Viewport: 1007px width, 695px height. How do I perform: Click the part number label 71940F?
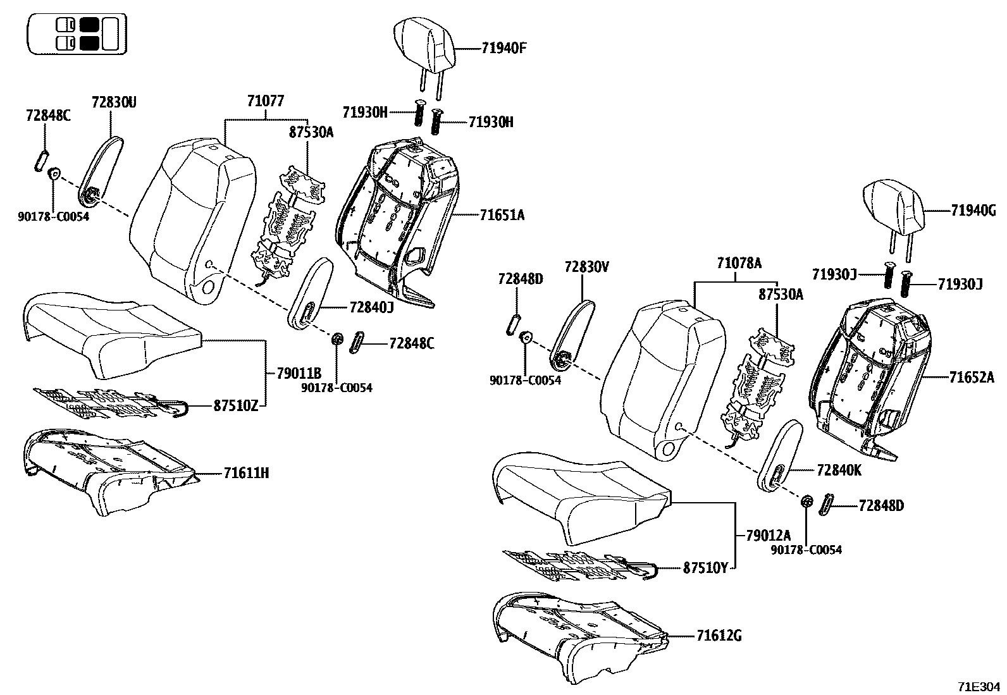(x=503, y=47)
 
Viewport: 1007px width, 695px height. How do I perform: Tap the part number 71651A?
(x=502, y=215)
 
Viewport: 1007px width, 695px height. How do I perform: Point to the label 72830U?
(x=114, y=101)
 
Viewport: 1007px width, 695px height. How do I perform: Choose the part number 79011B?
(x=299, y=374)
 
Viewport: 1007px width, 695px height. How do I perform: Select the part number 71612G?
(x=719, y=636)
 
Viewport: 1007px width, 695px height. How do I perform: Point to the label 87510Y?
(x=705, y=568)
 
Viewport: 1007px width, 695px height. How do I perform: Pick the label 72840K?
(x=839, y=471)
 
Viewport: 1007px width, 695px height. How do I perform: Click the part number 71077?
(x=265, y=101)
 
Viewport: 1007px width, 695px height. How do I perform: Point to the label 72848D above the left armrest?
(x=521, y=278)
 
